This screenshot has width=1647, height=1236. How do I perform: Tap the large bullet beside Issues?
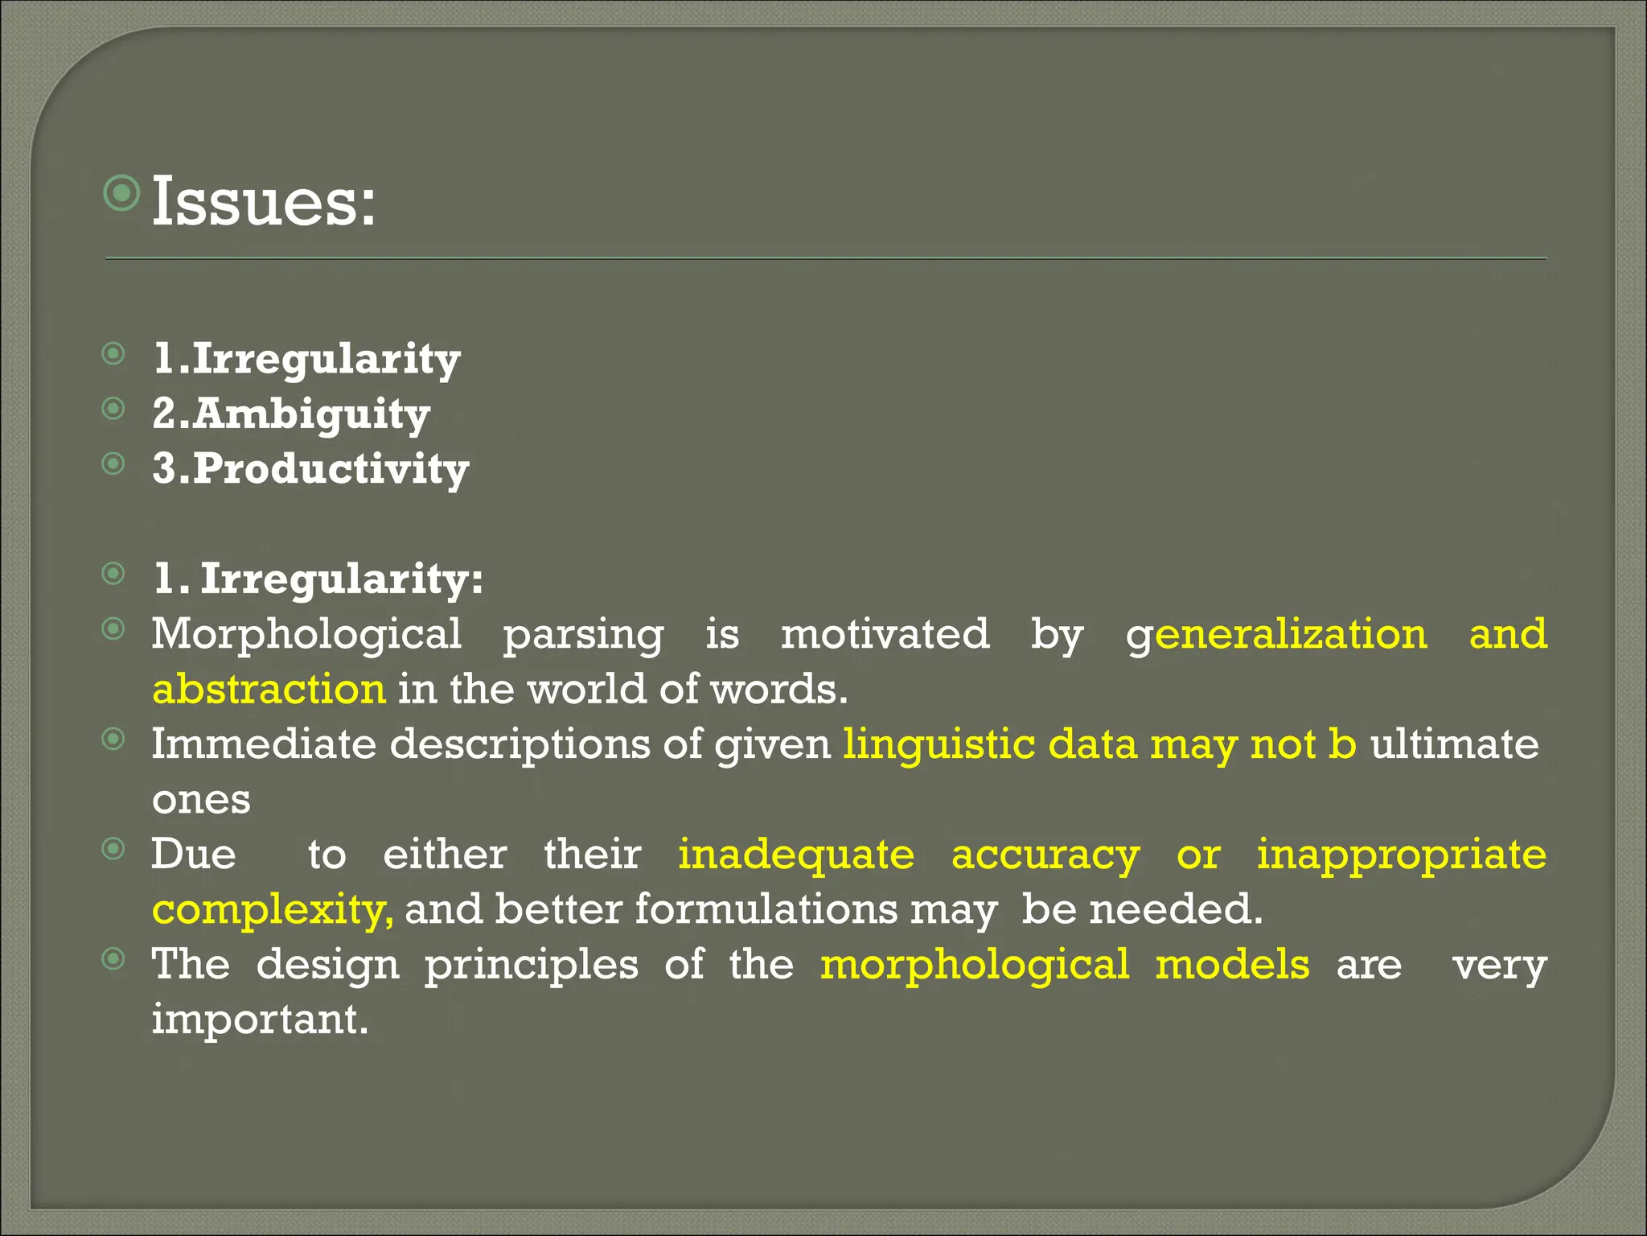click(x=122, y=192)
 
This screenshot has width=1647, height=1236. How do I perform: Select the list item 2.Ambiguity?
click(x=291, y=414)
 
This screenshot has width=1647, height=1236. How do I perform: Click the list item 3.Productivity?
click(x=310, y=469)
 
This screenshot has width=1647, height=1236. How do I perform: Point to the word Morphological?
click(x=306, y=636)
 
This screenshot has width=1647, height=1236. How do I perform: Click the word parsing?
click(x=583, y=636)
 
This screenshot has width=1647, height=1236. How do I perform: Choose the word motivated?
click(x=885, y=634)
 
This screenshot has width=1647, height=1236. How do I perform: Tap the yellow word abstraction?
click(x=269, y=690)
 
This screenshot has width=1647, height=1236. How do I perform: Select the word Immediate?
click(x=264, y=744)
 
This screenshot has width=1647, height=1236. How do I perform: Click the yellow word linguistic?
click(x=939, y=745)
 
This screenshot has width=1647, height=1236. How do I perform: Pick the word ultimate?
click(x=1455, y=744)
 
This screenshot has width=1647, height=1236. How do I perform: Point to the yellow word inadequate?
click(x=796, y=855)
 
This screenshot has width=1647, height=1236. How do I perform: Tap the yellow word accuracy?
click(x=1045, y=855)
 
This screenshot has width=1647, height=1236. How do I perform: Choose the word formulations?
click(x=766, y=909)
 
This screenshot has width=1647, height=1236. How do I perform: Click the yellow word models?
click(x=1232, y=964)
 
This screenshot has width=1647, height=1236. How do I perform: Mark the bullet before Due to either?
click(x=114, y=848)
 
